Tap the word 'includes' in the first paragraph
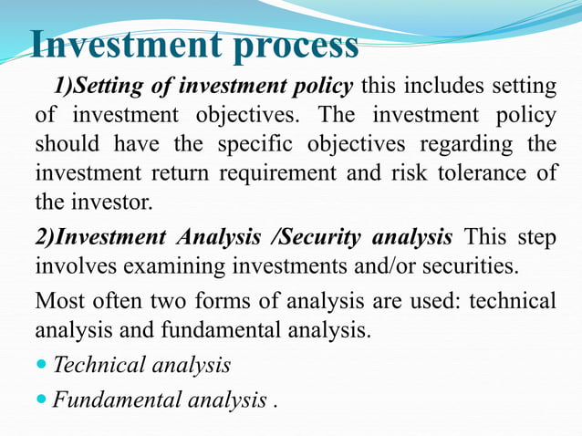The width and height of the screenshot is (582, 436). [443, 87]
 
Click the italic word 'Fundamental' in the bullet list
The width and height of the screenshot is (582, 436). [111, 400]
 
